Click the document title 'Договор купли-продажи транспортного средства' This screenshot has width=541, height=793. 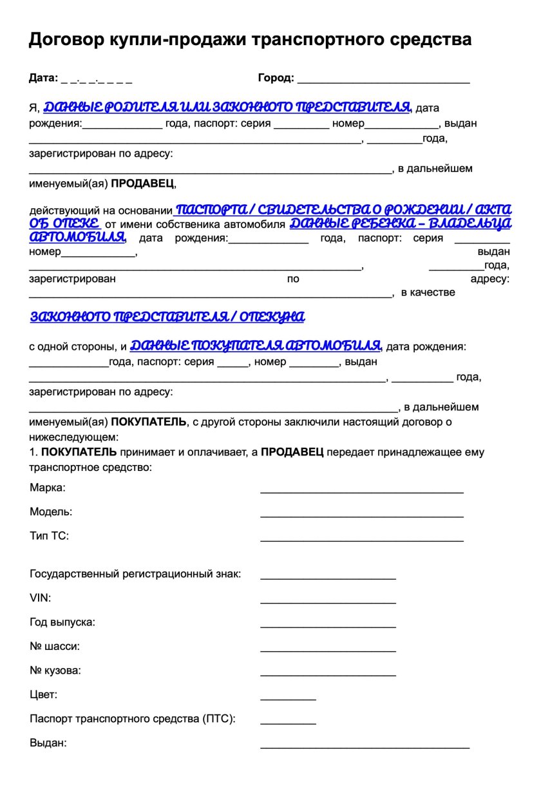(250, 40)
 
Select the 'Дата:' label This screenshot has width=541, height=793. (43, 79)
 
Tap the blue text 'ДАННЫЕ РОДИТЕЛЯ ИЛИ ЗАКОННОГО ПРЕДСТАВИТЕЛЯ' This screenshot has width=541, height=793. (227, 107)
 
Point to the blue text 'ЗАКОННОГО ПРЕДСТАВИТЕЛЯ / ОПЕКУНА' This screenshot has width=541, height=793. (167, 317)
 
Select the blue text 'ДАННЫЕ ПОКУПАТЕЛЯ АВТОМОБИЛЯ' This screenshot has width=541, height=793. (256, 345)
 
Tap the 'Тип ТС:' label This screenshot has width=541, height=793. (49, 536)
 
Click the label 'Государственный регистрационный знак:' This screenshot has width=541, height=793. (135, 574)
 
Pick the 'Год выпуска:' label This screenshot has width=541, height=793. (62, 622)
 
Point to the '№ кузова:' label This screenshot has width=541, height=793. (55, 671)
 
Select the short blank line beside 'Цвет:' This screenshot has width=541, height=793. (288, 698)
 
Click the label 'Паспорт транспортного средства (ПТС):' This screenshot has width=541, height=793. (132, 718)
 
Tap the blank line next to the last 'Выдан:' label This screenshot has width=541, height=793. (365, 746)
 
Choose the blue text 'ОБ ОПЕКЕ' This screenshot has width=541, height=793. (65, 224)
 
